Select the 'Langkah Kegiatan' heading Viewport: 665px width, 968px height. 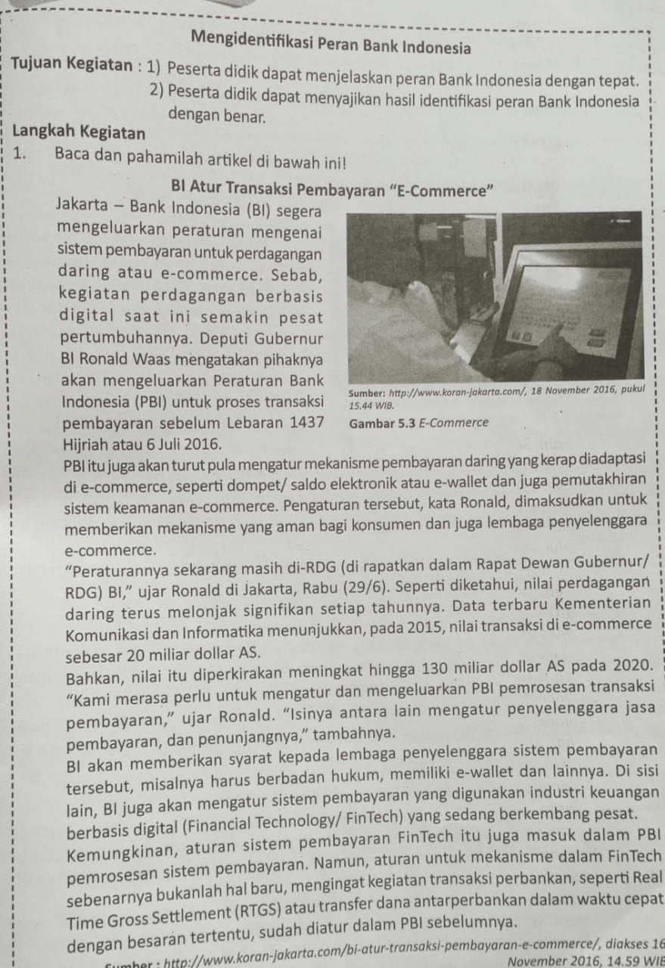click(x=79, y=133)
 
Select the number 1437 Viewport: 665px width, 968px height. click(x=306, y=421)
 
